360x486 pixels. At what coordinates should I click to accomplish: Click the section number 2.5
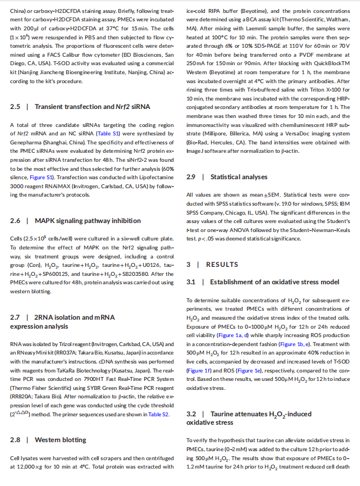16,107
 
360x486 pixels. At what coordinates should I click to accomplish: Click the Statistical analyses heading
231,177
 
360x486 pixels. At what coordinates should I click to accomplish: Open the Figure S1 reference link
43,177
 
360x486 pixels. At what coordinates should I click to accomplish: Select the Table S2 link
158,414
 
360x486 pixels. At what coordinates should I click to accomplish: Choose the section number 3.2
192,414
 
